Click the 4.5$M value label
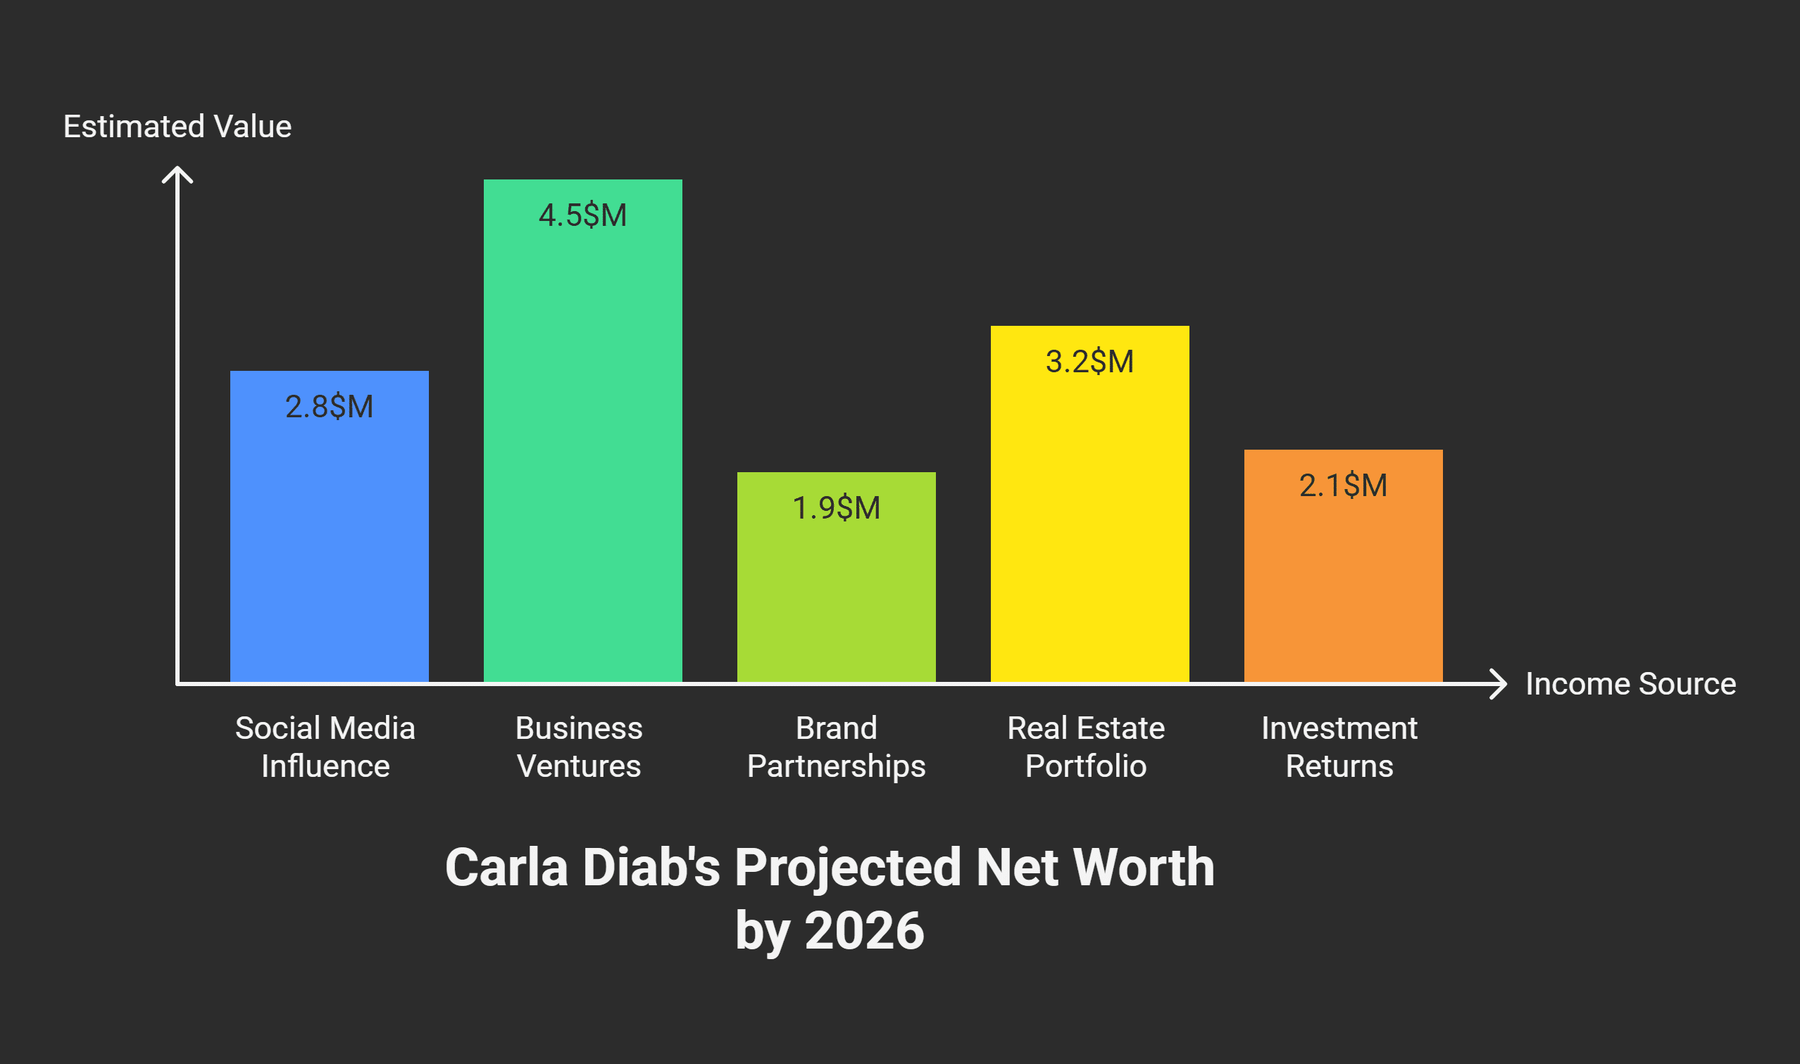point(582,215)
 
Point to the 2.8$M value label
point(330,407)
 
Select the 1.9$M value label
point(836,507)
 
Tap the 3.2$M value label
point(1089,362)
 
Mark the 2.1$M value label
point(1342,486)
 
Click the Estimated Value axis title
point(177,126)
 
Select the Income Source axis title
point(1630,683)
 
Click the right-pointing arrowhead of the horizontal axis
point(1499,683)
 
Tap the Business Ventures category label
point(579,747)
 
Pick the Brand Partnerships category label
point(836,747)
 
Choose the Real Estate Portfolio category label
point(1085,747)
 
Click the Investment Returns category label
point(1339,747)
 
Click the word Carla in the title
point(506,868)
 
